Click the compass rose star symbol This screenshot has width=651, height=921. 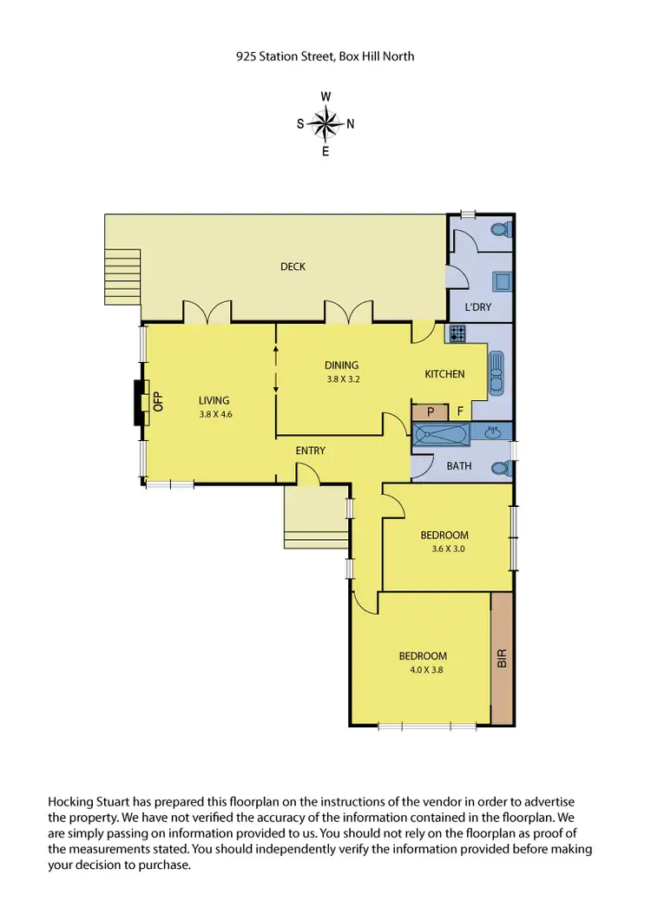[x=325, y=124]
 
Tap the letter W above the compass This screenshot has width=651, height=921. [x=325, y=96]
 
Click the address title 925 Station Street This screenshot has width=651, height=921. [x=325, y=56]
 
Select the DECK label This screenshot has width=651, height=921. [x=293, y=266]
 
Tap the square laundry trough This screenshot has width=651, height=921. [x=501, y=280]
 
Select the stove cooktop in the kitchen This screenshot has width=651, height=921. [x=456, y=332]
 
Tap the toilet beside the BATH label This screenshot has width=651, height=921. [x=500, y=468]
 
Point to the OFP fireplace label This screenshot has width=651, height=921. [x=158, y=401]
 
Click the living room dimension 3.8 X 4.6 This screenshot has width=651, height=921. [x=214, y=414]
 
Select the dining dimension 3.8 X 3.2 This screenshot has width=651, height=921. [x=342, y=379]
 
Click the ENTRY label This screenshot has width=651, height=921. [x=310, y=451]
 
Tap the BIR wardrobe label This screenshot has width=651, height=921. [x=501, y=658]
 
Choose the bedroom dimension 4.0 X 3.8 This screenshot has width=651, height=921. [x=423, y=669]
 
